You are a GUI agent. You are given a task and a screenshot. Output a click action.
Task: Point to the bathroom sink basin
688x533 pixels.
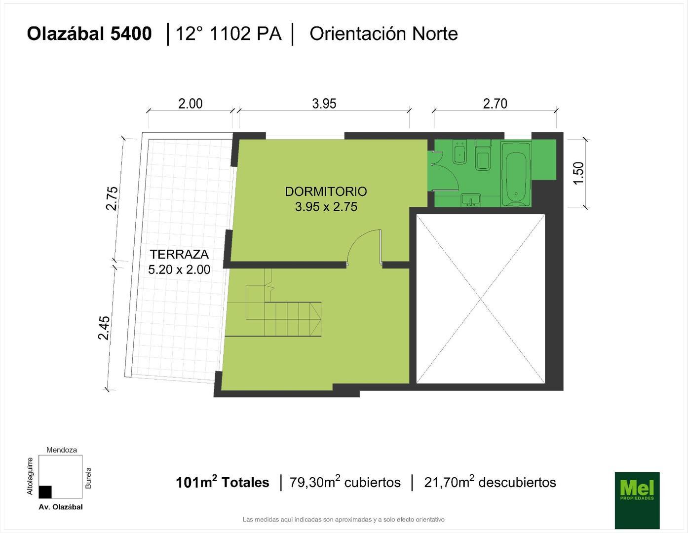tap(471, 200)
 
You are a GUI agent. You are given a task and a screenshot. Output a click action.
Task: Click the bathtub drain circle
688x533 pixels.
tap(516, 193)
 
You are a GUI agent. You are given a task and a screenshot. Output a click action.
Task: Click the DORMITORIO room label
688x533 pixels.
tap(326, 191)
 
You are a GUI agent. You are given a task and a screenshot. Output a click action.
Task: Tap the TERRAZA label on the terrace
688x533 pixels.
tap(179, 255)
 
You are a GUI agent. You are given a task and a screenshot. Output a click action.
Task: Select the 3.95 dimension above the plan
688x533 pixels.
tap(324, 104)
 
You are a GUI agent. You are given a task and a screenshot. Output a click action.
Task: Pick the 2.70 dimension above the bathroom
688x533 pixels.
tap(495, 104)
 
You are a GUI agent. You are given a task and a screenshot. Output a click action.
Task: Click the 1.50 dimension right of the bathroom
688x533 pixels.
tap(578, 173)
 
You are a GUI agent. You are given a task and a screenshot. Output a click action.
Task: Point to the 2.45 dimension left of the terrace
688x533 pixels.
tap(104, 328)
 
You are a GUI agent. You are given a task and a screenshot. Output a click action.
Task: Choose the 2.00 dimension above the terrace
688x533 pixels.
tap(191, 104)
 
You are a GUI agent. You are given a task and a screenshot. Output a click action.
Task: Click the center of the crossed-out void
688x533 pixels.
tap(480, 298)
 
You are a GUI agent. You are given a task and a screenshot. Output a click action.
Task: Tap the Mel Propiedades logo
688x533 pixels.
tap(637, 499)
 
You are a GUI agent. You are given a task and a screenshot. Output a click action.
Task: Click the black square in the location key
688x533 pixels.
tap(45, 492)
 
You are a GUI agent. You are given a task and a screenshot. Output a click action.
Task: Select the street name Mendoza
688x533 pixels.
tap(62, 450)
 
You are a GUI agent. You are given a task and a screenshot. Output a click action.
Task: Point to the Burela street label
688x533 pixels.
tap(89, 478)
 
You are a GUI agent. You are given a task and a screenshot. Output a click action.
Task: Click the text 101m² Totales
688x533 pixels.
tap(222, 482)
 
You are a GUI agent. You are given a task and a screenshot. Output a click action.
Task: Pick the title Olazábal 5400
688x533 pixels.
tap(89, 34)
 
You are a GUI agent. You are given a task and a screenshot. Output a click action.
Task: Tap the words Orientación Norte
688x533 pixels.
tap(383, 34)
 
